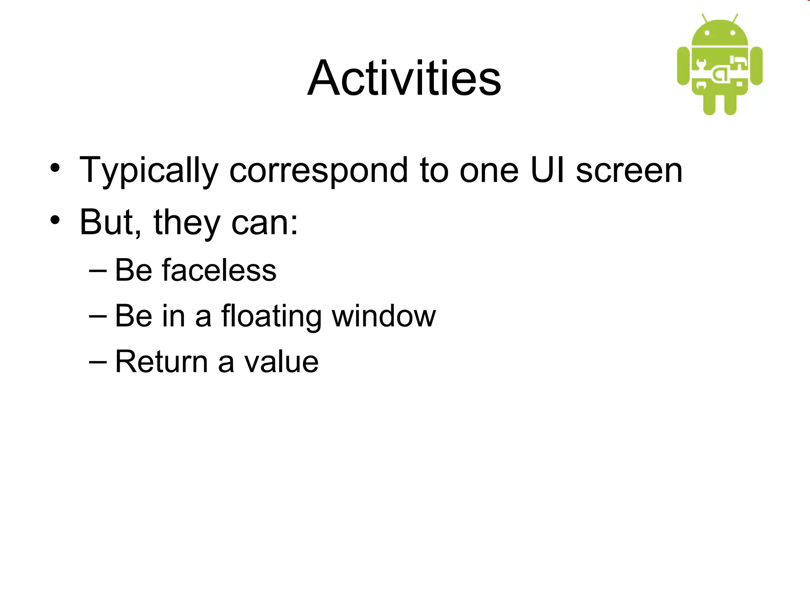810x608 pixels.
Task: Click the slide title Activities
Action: (x=404, y=78)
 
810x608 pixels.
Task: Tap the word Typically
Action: (x=149, y=171)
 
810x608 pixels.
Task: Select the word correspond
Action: (x=318, y=171)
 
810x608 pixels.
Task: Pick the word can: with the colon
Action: (x=264, y=223)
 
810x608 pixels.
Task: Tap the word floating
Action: (x=271, y=317)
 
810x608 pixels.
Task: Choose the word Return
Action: (x=161, y=362)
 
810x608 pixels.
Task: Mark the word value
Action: (x=281, y=362)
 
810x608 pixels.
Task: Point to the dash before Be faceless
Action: (x=98, y=270)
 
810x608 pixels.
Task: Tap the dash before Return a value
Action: (x=98, y=362)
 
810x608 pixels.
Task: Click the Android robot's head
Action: (x=720, y=34)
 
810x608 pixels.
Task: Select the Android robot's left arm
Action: (x=683, y=66)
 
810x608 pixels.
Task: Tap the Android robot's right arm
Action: (x=756, y=66)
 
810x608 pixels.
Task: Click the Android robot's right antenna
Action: (x=735, y=18)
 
